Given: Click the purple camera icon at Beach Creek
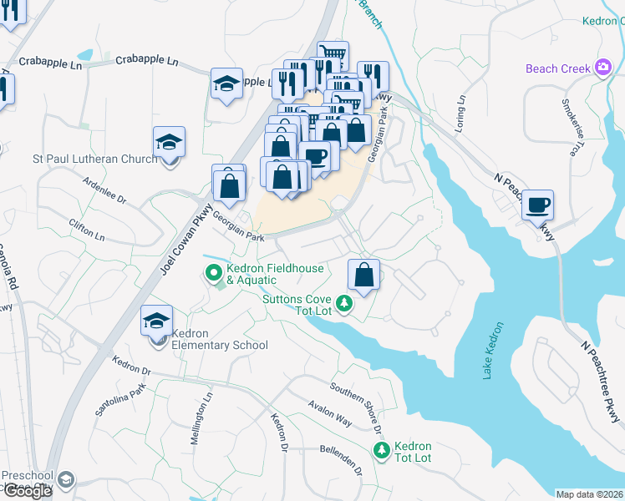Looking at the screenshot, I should click(602, 68).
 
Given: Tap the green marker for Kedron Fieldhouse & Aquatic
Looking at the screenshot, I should click(213, 271).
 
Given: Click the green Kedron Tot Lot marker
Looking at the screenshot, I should click(381, 450).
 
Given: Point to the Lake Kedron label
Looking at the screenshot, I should click(493, 351).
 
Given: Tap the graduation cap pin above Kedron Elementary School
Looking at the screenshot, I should click(156, 321).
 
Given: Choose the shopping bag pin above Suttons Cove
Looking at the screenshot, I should click(364, 274).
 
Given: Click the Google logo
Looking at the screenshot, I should click(27, 491).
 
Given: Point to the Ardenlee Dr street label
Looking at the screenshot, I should click(104, 190).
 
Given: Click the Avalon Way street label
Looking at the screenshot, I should click(329, 412).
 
